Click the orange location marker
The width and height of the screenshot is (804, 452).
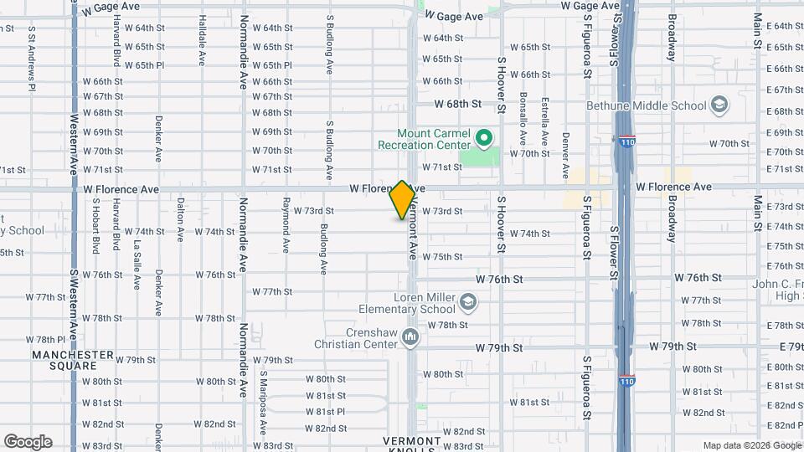point(403,199)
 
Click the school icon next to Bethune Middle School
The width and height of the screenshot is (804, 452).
point(718,105)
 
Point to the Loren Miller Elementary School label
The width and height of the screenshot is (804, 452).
point(425,304)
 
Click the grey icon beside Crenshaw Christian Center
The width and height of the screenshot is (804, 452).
point(410,337)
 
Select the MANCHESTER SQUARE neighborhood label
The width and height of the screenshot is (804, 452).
point(72,360)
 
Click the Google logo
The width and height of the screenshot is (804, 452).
point(28,442)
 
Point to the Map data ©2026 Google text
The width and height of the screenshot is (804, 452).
point(751,445)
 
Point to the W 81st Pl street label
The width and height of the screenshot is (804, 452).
point(325,412)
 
